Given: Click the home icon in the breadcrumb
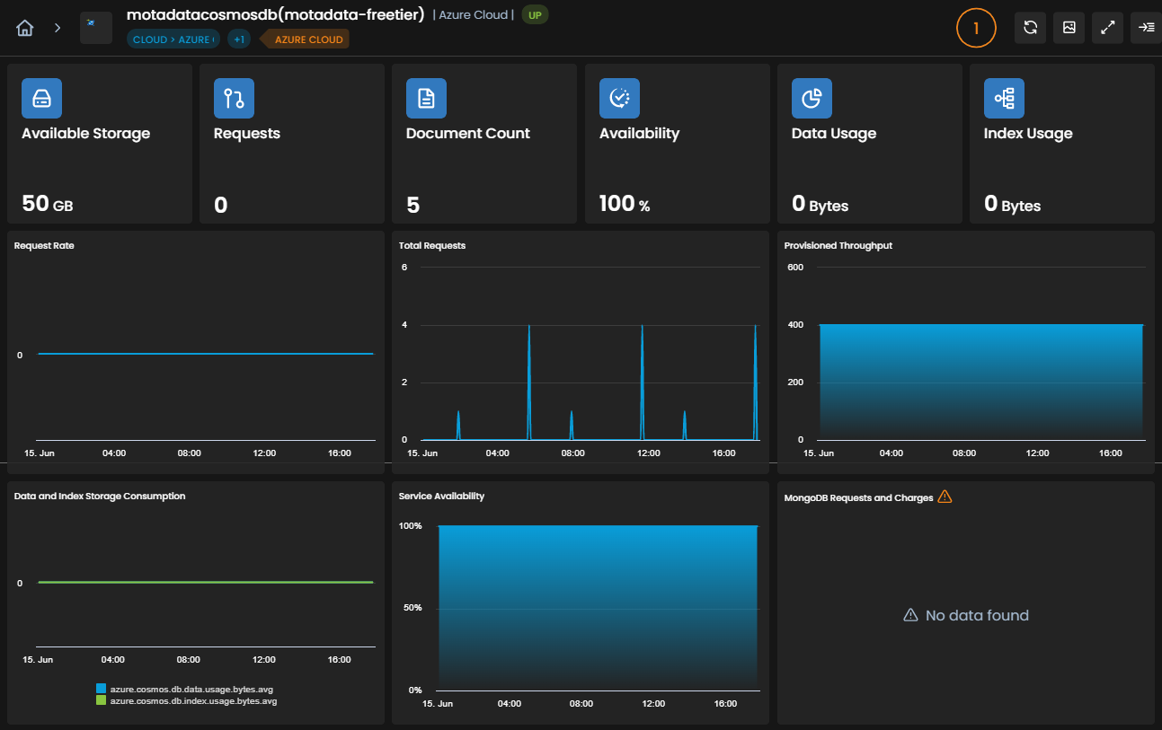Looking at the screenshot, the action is click(24, 28).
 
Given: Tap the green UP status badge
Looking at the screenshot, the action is click(535, 15).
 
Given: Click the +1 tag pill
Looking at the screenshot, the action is click(239, 40).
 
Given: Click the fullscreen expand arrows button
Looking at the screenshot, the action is click(1107, 28).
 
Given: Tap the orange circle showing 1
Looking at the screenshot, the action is click(976, 28).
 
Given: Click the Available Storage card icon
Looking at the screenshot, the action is click(41, 98).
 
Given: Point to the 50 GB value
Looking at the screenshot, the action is click(48, 204).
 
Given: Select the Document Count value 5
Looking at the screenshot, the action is click(412, 206).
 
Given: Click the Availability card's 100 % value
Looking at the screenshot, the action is click(624, 204).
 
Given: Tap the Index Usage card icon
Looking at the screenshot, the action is click(1004, 98).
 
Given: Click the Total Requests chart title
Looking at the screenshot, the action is click(431, 246).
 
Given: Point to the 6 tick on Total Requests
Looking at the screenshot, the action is click(404, 267).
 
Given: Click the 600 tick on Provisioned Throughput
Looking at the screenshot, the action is click(794, 267).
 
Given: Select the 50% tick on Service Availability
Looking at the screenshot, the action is click(412, 608).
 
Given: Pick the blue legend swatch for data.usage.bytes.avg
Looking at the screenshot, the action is click(101, 689).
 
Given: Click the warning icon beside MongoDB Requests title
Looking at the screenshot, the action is click(945, 497).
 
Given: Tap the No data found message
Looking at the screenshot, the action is click(965, 615).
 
